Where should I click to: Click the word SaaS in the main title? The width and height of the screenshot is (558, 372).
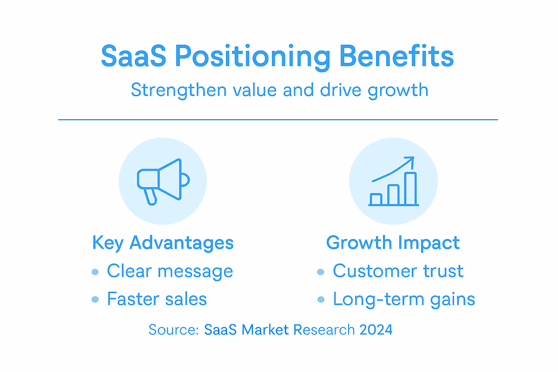[x=133, y=56]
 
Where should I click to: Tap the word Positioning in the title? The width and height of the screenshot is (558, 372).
[x=252, y=57]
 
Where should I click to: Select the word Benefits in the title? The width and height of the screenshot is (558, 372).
[x=396, y=56]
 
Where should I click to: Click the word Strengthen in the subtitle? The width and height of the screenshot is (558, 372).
[x=179, y=90]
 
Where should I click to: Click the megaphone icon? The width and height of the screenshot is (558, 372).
[x=163, y=181]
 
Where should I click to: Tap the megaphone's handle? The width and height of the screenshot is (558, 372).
[x=151, y=197]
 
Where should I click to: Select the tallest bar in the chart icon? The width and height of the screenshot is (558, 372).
[x=411, y=189]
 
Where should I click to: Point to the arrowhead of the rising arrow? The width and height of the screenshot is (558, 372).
[x=411, y=160]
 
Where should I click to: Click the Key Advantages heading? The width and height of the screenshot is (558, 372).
[x=163, y=243]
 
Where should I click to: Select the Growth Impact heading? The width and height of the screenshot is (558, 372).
[x=393, y=243]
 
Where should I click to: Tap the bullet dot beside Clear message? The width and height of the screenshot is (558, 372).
[x=95, y=272]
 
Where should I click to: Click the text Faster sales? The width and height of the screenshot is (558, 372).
[x=157, y=299]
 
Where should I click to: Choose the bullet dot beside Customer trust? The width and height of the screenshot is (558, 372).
[x=320, y=272]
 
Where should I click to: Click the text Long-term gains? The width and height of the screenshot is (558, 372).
[x=404, y=299]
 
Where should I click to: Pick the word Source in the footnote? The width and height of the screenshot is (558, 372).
[x=172, y=330]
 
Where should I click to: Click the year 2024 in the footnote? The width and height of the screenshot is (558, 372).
[x=376, y=330]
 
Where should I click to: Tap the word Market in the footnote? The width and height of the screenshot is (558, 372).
[x=265, y=330]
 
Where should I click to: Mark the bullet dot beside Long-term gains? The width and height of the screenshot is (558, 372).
[x=320, y=299]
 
